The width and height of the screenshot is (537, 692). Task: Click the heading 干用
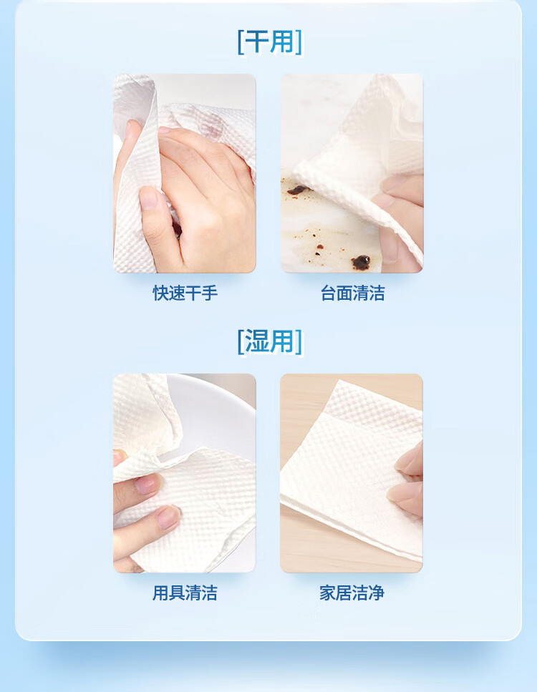click(270, 42)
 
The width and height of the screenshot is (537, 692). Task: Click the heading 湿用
click(270, 341)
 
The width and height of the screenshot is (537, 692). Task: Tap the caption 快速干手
click(185, 293)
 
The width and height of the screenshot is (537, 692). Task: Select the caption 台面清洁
click(352, 293)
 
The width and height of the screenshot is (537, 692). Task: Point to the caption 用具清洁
click(185, 593)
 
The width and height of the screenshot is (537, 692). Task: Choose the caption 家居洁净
click(352, 593)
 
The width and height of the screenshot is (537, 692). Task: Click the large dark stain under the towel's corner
click(298, 190)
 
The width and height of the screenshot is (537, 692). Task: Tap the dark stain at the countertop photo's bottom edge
click(362, 262)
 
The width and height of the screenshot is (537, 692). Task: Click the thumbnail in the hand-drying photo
click(148, 198)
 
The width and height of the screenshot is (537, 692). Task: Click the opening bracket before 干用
click(241, 42)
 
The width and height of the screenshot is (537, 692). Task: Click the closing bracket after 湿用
click(299, 341)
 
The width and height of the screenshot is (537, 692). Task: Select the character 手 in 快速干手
click(210, 293)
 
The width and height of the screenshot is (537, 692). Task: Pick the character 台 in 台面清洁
click(328, 293)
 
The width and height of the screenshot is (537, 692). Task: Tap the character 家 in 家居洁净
click(328, 593)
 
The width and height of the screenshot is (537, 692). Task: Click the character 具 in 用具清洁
click(177, 593)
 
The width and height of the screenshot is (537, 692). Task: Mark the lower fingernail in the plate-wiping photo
click(168, 517)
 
